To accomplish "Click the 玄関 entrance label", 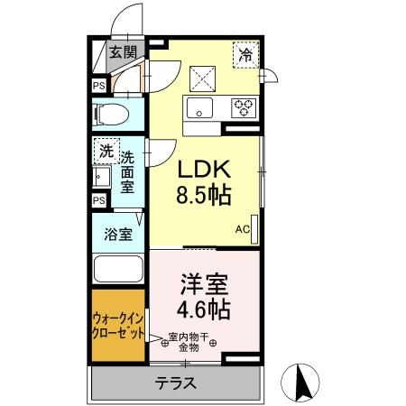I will point(123,51).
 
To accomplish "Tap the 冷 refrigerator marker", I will point(245,55).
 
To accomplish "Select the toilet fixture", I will point(114,115).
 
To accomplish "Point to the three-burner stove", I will point(243,109).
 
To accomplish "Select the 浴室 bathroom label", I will point(116,234).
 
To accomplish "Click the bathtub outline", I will point(117,270).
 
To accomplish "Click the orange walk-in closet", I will point(117,325).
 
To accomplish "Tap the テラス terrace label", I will point(177,382).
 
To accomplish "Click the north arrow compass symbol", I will point(303,383).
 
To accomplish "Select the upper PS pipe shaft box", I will point(98,86).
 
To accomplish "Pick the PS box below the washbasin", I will point(98,200).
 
